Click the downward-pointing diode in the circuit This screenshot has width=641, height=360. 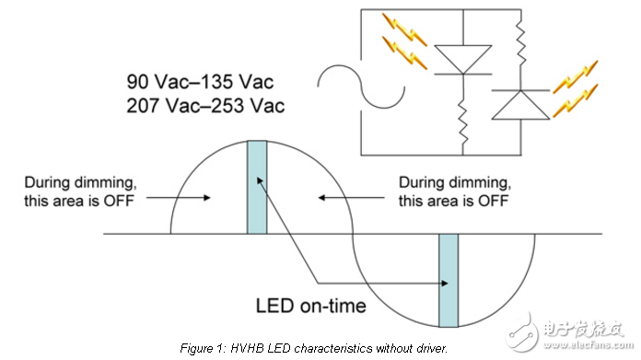pos(458,60)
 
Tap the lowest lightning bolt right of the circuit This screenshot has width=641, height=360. pos(576,96)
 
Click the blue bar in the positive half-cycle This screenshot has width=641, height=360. pos(256,188)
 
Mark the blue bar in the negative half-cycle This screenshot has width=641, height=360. pos(448,281)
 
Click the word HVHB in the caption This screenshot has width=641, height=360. pos(265,348)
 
